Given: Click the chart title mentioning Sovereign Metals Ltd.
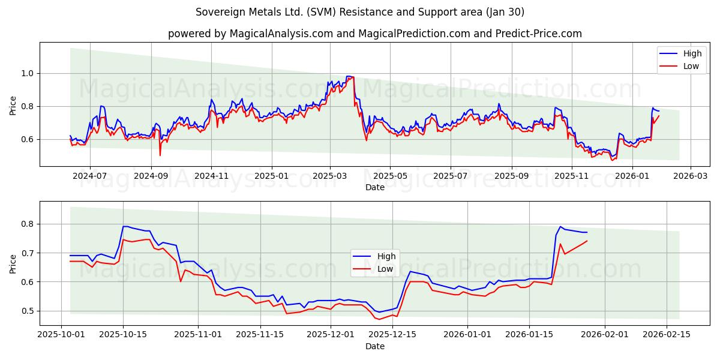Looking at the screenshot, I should [x=360, y=12].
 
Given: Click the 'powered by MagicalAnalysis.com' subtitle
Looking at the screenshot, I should [x=374, y=34].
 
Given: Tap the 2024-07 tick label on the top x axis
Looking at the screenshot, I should [x=90, y=176].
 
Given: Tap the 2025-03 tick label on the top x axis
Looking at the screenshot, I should [x=329, y=176].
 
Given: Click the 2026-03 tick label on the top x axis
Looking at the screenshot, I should [x=690, y=176].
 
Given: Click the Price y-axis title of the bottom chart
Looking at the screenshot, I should [x=13, y=263].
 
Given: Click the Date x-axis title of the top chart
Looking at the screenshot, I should [x=374, y=187].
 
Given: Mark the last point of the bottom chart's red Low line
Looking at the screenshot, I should [x=587, y=241].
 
